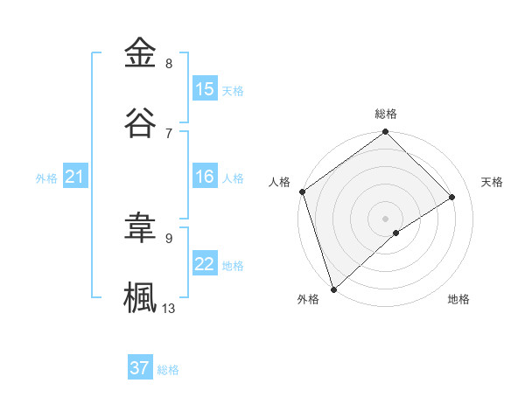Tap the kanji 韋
(x=141, y=227)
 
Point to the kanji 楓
(x=141, y=296)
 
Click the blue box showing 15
(x=205, y=89)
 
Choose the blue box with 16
(x=205, y=178)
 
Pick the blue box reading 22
(x=205, y=265)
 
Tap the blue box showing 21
(x=75, y=178)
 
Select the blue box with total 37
(x=140, y=369)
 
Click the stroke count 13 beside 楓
(x=169, y=308)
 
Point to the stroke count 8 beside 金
(x=169, y=64)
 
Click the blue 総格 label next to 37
(x=168, y=370)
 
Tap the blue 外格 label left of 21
(x=46, y=178)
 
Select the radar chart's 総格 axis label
(x=386, y=114)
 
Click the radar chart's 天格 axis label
(x=493, y=182)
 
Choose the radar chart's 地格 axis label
(x=458, y=299)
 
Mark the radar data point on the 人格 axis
(x=302, y=192)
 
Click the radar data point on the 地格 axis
(x=396, y=233)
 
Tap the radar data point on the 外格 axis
(x=332, y=289)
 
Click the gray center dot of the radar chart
(x=385, y=218)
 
